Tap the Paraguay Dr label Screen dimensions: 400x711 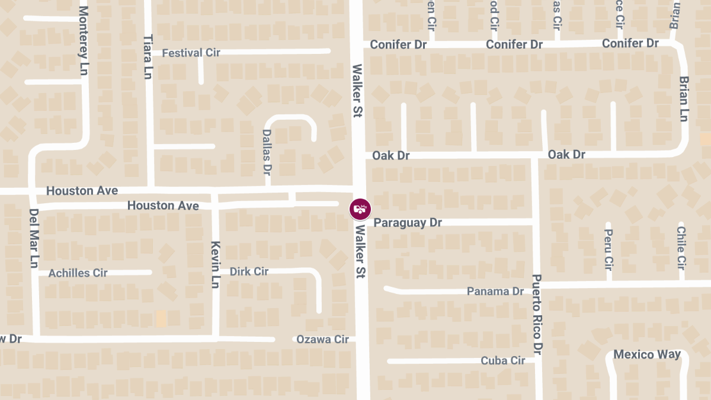pyautogui.click(x=408, y=223)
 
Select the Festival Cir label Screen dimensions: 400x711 pyautogui.click(x=191, y=53)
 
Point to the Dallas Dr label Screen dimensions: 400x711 pyautogui.click(x=267, y=152)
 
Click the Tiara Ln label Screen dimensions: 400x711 pyautogui.click(x=148, y=57)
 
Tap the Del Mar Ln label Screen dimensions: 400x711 pyautogui.click(x=34, y=238)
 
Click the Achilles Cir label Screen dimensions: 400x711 pyautogui.click(x=78, y=273)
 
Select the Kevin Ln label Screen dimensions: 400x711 pyautogui.click(x=216, y=265)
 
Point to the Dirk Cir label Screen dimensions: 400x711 pyautogui.click(x=249, y=271)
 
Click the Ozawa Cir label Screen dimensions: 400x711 pyautogui.click(x=322, y=340)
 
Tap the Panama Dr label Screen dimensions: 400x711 pyautogui.click(x=495, y=291)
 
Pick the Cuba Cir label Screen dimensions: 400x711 pyautogui.click(x=503, y=360)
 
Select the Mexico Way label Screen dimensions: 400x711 pyautogui.click(x=647, y=354)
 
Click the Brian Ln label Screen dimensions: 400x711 pyautogui.click(x=684, y=99)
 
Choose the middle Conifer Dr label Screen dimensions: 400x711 pyautogui.click(x=514, y=44)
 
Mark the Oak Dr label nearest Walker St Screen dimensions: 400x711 pyautogui.click(x=391, y=155)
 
